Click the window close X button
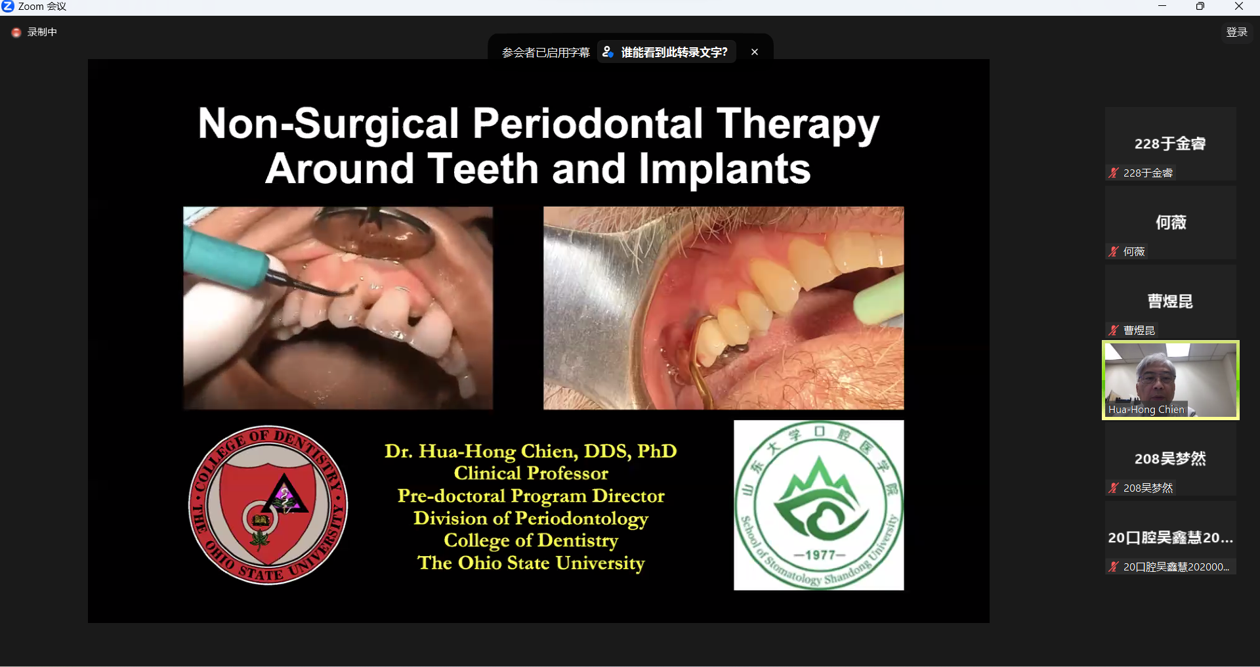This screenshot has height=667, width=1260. [1238, 7]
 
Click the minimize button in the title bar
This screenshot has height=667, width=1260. [1162, 7]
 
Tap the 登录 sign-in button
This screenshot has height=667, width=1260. [1237, 32]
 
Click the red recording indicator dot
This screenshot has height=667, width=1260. [16, 32]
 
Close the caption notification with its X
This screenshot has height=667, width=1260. [755, 52]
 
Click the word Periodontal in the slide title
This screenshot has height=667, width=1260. [588, 123]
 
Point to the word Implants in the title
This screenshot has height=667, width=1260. [724, 169]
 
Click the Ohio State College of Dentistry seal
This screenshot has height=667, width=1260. [268, 505]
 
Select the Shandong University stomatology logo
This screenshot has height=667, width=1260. [818, 505]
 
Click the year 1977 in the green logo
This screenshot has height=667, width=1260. [820, 555]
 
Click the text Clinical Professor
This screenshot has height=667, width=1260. [531, 473]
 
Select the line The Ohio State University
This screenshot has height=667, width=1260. [531, 563]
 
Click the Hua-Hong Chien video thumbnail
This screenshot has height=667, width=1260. [1171, 380]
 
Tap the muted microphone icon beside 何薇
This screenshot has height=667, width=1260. [1114, 251]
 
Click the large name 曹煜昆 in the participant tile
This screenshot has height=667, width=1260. [1170, 301]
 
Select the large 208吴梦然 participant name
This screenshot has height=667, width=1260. [1170, 459]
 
